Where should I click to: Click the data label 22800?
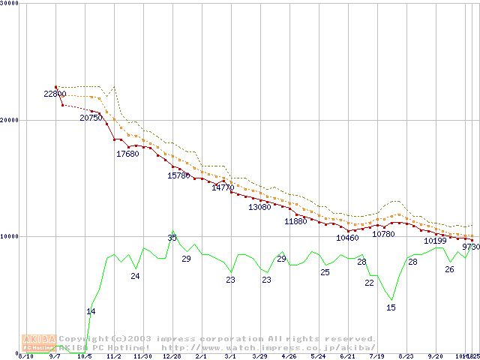point(55,94)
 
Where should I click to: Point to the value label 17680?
point(127,154)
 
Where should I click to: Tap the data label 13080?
point(259,207)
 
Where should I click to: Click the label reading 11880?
point(295,221)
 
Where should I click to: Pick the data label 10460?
point(347,238)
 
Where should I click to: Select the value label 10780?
point(383,234)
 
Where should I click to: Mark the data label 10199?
point(435,241)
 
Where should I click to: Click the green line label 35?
point(172,238)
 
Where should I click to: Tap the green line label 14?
point(91,311)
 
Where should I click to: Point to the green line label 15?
point(391,307)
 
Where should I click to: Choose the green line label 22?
point(369,283)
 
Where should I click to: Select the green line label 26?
point(449,269)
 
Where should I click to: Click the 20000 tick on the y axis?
point(10,120)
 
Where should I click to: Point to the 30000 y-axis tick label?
point(10,4)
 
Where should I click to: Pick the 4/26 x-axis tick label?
point(288,357)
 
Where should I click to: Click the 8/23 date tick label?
point(406,357)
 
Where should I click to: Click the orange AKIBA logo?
point(39,343)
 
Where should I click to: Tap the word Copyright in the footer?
point(82,339)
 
